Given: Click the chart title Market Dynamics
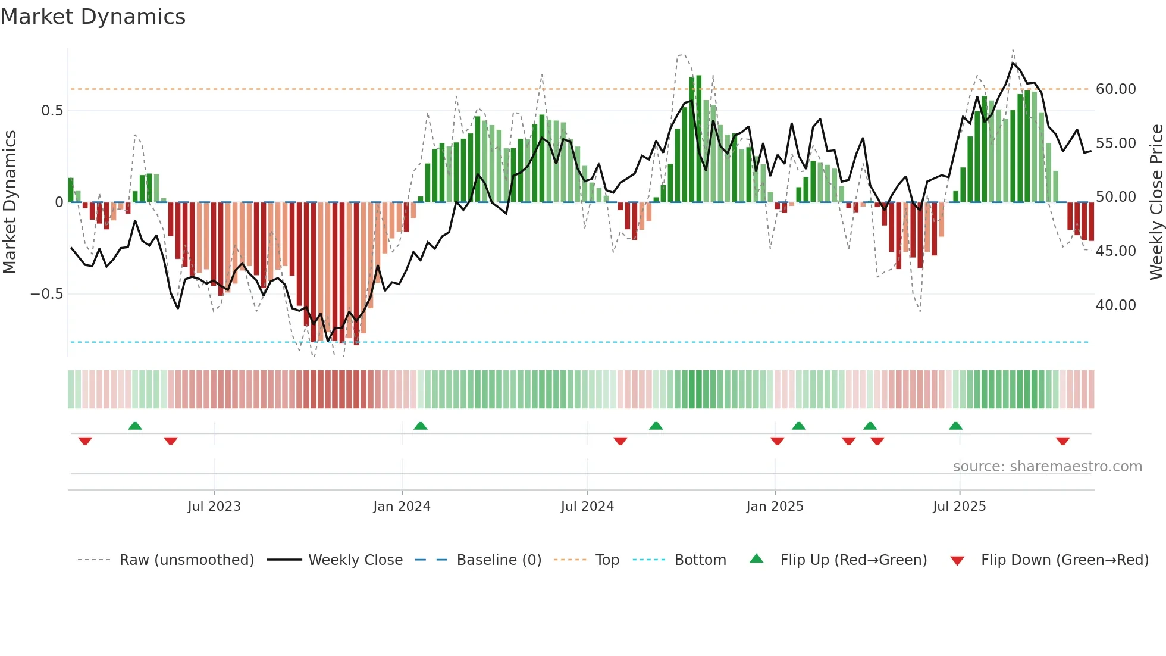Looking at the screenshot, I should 93,17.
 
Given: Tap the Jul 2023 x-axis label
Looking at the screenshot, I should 214,507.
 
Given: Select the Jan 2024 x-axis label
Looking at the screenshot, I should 402,507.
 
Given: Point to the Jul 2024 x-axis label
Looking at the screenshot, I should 587,507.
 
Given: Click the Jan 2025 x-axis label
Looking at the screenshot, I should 775,507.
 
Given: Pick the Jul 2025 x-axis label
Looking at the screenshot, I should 959,507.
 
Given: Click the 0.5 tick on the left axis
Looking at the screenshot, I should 52,111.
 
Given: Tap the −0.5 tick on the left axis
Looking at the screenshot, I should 46,294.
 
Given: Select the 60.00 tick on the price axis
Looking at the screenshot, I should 1115,89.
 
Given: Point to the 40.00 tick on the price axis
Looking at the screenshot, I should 1115,305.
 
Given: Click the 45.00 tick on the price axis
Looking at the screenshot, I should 1115,251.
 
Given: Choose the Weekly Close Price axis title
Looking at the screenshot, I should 1156,202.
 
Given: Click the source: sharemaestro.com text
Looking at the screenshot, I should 1047,467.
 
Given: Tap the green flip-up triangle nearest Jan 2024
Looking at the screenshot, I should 421,426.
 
